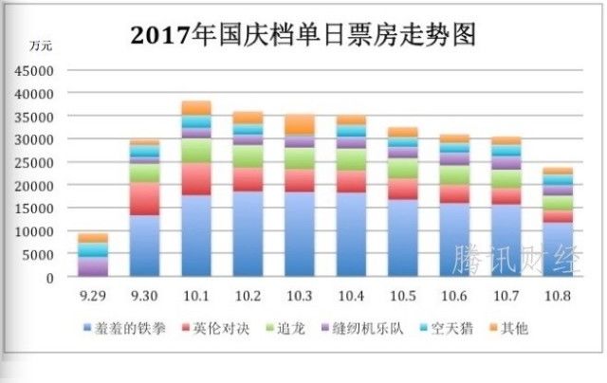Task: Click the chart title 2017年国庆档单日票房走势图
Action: [x=303, y=35]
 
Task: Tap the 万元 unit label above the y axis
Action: [x=41, y=45]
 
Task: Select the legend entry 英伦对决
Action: [x=219, y=329]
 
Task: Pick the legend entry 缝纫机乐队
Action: [x=363, y=329]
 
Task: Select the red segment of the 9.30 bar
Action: [x=144, y=198]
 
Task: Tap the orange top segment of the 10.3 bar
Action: [x=299, y=123]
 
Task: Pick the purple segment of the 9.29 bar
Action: [x=93, y=266]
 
